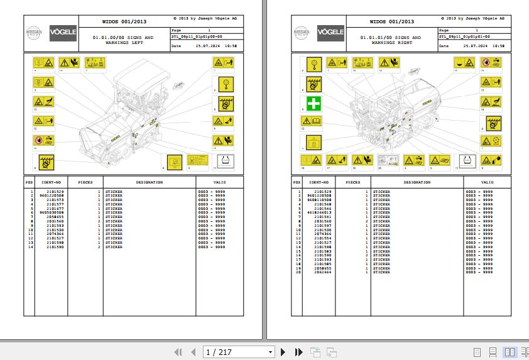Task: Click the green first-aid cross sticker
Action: point(314,103)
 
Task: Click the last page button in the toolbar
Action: point(299,352)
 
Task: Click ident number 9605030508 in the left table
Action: point(52,212)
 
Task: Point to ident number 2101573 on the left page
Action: point(55,200)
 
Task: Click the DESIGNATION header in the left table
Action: point(150,182)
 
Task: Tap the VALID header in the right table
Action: point(487,182)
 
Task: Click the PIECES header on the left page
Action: point(85,182)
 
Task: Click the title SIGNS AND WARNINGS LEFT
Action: point(123,40)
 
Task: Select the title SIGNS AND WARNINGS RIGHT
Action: point(390,40)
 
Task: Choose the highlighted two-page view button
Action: point(508,352)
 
